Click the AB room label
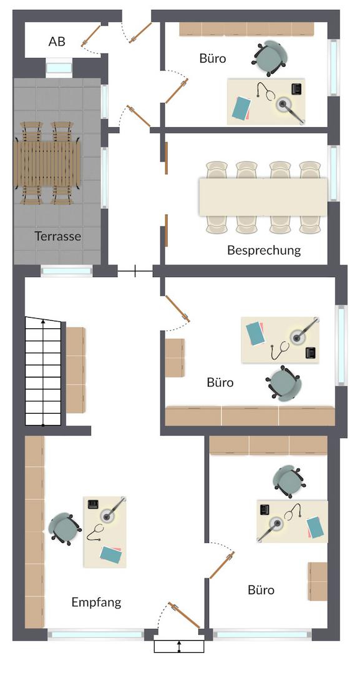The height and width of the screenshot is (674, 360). click(57, 42)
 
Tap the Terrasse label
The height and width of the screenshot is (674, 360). click(58, 236)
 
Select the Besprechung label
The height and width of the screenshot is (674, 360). click(264, 250)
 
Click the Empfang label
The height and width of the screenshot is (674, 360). click(96, 602)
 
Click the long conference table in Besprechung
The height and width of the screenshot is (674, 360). click(263, 197)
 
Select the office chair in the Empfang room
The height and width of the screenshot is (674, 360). click(64, 529)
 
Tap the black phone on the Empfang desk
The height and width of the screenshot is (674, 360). click(93, 504)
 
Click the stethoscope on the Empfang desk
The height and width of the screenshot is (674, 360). click(95, 532)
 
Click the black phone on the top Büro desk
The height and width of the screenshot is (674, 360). click(297, 89)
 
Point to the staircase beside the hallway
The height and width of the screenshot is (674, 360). click(43, 371)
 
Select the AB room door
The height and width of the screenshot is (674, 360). click(90, 36)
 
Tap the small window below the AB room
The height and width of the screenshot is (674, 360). click(59, 68)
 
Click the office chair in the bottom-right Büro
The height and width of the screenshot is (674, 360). click(289, 482)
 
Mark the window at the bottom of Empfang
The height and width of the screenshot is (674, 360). click(95, 635)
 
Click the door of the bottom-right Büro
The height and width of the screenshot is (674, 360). click(221, 565)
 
